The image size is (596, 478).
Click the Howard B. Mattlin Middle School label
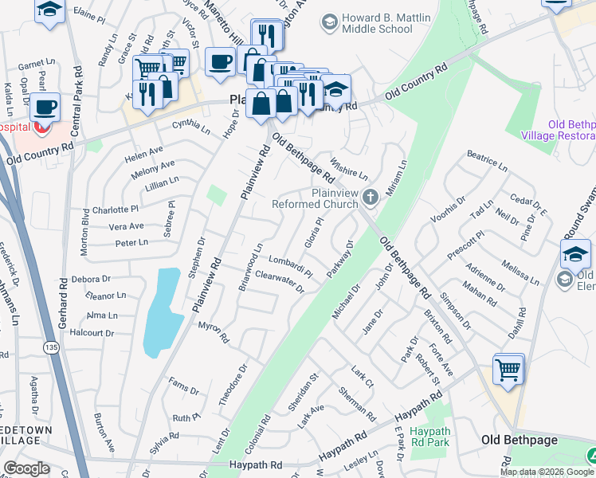376,23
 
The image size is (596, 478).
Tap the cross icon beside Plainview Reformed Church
370,196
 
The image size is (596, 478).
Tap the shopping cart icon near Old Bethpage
508,369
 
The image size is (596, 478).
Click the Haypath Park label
430,437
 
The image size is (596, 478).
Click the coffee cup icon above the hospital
45,105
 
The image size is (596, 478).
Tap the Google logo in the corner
26,468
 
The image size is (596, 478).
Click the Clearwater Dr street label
280,281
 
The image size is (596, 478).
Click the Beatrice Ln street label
487,161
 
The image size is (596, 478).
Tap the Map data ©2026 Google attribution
547,472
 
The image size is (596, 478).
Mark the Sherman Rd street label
357,405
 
